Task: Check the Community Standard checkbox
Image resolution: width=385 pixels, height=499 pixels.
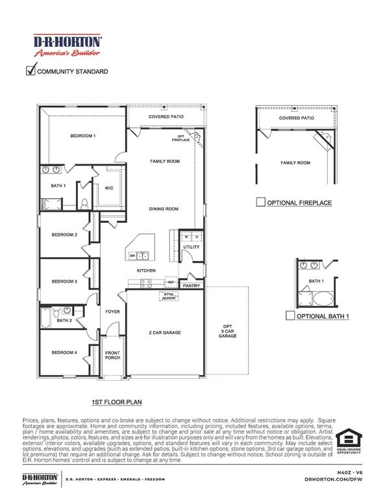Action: pos(30,71)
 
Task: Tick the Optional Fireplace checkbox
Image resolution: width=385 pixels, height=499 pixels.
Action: pos(260,203)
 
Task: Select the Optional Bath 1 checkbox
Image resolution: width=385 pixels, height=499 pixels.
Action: pos(290,316)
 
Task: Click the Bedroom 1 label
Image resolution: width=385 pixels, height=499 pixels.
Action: pos(83,136)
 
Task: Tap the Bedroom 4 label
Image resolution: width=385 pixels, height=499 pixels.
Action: pos(65,352)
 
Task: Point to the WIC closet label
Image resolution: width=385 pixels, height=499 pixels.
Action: pos(109,188)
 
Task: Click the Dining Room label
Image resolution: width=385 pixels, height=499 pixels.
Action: pos(164,209)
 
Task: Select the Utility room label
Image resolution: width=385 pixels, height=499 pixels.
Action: pos(192,247)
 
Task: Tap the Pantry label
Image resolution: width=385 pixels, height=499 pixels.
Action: pos(192,285)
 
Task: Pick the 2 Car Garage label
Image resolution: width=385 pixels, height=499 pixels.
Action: pos(165,333)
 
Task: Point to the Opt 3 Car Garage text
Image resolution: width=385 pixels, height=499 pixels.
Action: pos(227,331)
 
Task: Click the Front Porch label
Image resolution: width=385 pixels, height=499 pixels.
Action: pos(113,355)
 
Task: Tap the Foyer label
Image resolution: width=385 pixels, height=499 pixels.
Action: pos(113,312)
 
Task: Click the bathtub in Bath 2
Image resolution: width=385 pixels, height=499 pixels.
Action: pos(45,318)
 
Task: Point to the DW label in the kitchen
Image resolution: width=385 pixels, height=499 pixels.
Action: pos(132,255)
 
